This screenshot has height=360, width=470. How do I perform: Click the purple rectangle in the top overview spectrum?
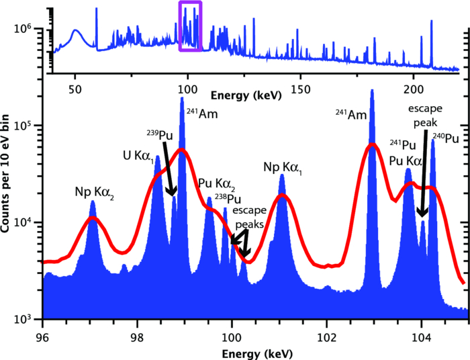[x=190, y=26]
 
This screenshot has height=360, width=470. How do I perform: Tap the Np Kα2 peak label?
[x=94, y=192]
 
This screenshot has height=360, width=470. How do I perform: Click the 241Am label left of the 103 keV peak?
[x=350, y=115]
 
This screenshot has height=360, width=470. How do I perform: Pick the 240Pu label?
[x=444, y=138]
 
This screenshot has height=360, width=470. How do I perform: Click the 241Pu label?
[x=404, y=144]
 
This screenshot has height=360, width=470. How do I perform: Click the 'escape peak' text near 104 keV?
[x=423, y=115]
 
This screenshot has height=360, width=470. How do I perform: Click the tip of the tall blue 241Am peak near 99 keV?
[x=181, y=99]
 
